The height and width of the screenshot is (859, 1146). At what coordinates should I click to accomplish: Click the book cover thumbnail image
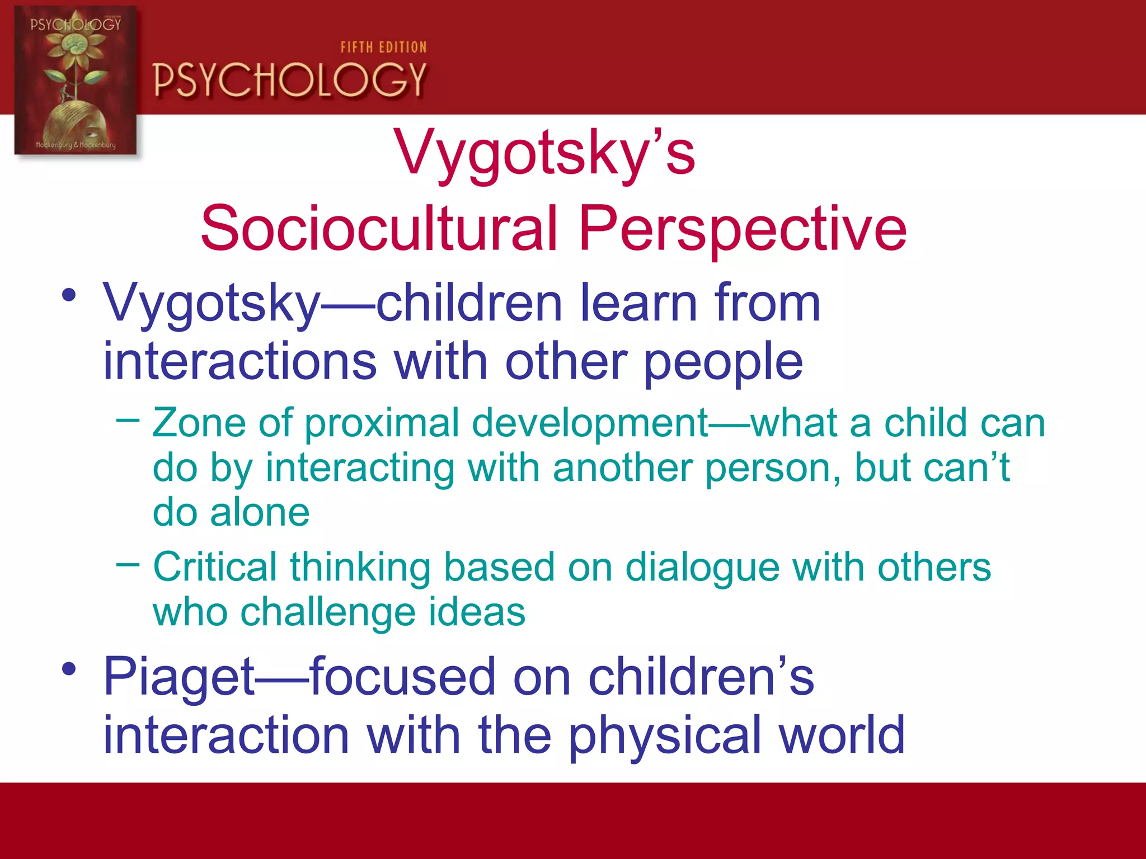(x=76, y=81)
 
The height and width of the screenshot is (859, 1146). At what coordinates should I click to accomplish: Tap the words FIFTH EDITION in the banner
(x=383, y=48)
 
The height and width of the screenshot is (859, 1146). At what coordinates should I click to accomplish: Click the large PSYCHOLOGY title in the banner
(x=290, y=80)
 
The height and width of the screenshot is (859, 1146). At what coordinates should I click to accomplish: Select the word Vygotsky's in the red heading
(x=544, y=153)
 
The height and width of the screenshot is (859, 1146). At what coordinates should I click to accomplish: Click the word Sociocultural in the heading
(x=379, y=229)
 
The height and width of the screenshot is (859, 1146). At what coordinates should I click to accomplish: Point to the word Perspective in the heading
(x=742, y=229)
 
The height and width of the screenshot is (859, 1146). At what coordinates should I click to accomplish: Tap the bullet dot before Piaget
(x=69, y=669)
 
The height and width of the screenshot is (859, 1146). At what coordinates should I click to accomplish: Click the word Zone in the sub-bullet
(x=199, y=423)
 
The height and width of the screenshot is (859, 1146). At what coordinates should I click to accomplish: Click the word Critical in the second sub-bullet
(x=214, y=568)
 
